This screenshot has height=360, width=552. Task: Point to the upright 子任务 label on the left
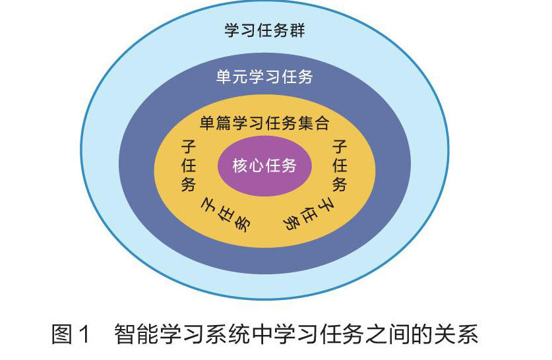click(x=188, y=165)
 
